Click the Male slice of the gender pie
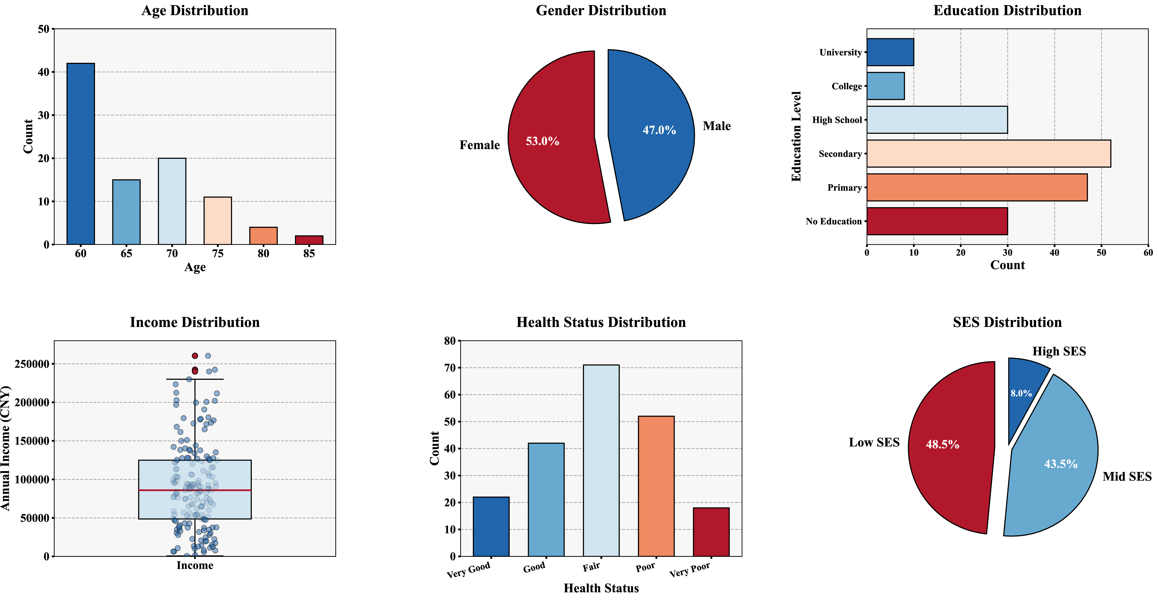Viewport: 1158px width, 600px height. [650, 135]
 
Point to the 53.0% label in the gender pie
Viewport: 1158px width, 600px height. [543, 141]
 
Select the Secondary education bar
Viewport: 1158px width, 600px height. [989, 154]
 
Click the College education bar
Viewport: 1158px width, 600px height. [886, 86]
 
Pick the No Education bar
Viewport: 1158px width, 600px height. [937, 221]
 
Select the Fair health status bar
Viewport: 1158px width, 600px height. [601, 461]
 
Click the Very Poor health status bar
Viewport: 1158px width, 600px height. [711, 532]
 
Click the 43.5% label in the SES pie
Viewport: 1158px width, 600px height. [1061, 464]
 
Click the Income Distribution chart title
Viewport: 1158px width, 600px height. [195, 322]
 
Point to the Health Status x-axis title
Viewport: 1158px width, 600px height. [601, 588]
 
